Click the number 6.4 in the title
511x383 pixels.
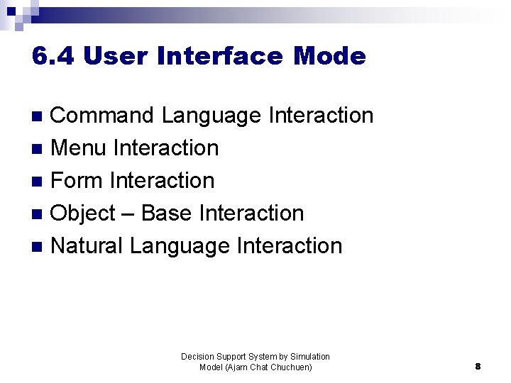[53, 56]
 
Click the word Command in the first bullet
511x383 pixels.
[103, 115]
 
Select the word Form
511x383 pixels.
[78, 180]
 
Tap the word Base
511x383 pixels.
[170, 213]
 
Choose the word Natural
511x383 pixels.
[87, 245]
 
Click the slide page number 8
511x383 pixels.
[478, 367]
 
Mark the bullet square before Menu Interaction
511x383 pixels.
[38, 149]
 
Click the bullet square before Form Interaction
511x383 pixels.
[38, 182]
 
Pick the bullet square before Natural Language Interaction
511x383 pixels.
[38, 247]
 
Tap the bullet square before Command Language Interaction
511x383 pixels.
[38, 116]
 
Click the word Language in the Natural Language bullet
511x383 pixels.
[180, 246]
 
